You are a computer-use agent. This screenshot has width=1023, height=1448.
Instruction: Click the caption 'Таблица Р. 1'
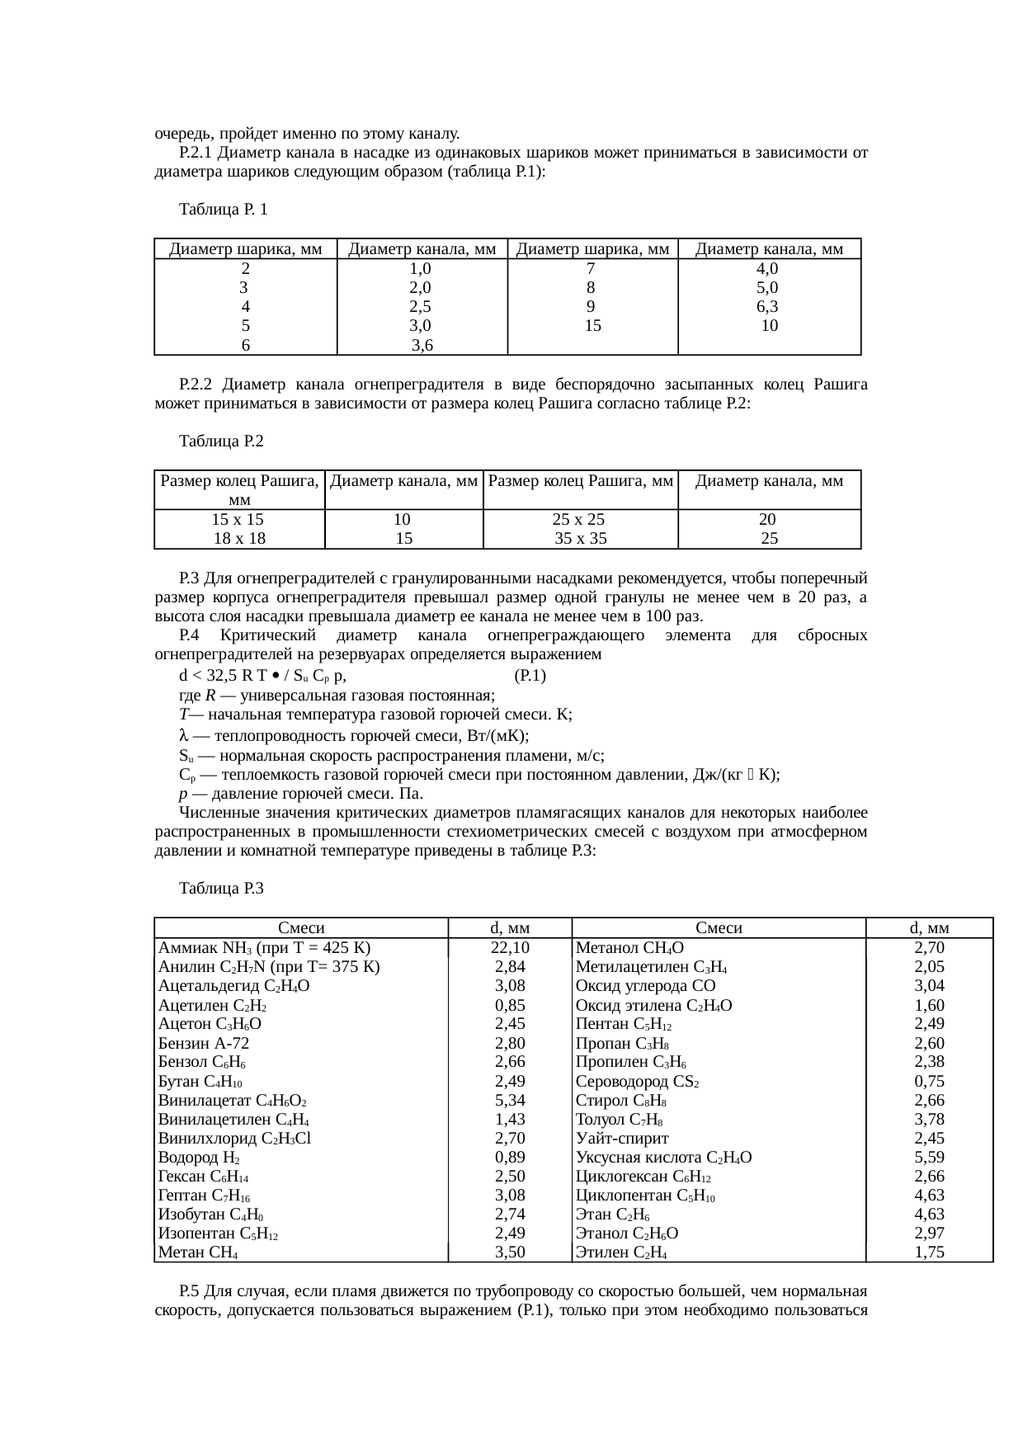[x=223, y=210]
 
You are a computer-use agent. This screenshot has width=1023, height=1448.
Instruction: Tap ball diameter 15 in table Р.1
[x=592, y=326]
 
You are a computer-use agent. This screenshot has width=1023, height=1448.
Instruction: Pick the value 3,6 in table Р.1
[x=422, y=345]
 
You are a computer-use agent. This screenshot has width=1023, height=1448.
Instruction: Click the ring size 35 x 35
[x=580, y=539]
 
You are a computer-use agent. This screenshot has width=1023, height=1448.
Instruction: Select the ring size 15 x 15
[x=238, y=520]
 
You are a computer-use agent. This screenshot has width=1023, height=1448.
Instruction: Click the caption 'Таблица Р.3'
[x=221, y=888]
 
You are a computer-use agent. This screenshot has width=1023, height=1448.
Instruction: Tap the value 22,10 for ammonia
[x=509, y=947]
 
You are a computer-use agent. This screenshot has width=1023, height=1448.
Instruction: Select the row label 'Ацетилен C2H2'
[x=212, y=1005]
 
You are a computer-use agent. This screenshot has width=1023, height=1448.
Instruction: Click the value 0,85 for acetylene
[x=510, y=1005]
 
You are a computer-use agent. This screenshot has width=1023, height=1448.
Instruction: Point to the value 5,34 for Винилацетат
[x=510, y=1100]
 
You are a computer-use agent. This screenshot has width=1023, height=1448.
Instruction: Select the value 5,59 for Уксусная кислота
[x=929, y=1158]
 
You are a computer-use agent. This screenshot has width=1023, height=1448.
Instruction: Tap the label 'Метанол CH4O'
[x=629, y=947]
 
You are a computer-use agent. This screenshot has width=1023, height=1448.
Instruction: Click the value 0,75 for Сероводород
[x=929, y=1081]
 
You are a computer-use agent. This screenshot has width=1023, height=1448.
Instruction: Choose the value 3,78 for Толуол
[x=929, y=1120]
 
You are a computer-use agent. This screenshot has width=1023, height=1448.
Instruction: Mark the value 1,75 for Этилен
[x=929, y=1252]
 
